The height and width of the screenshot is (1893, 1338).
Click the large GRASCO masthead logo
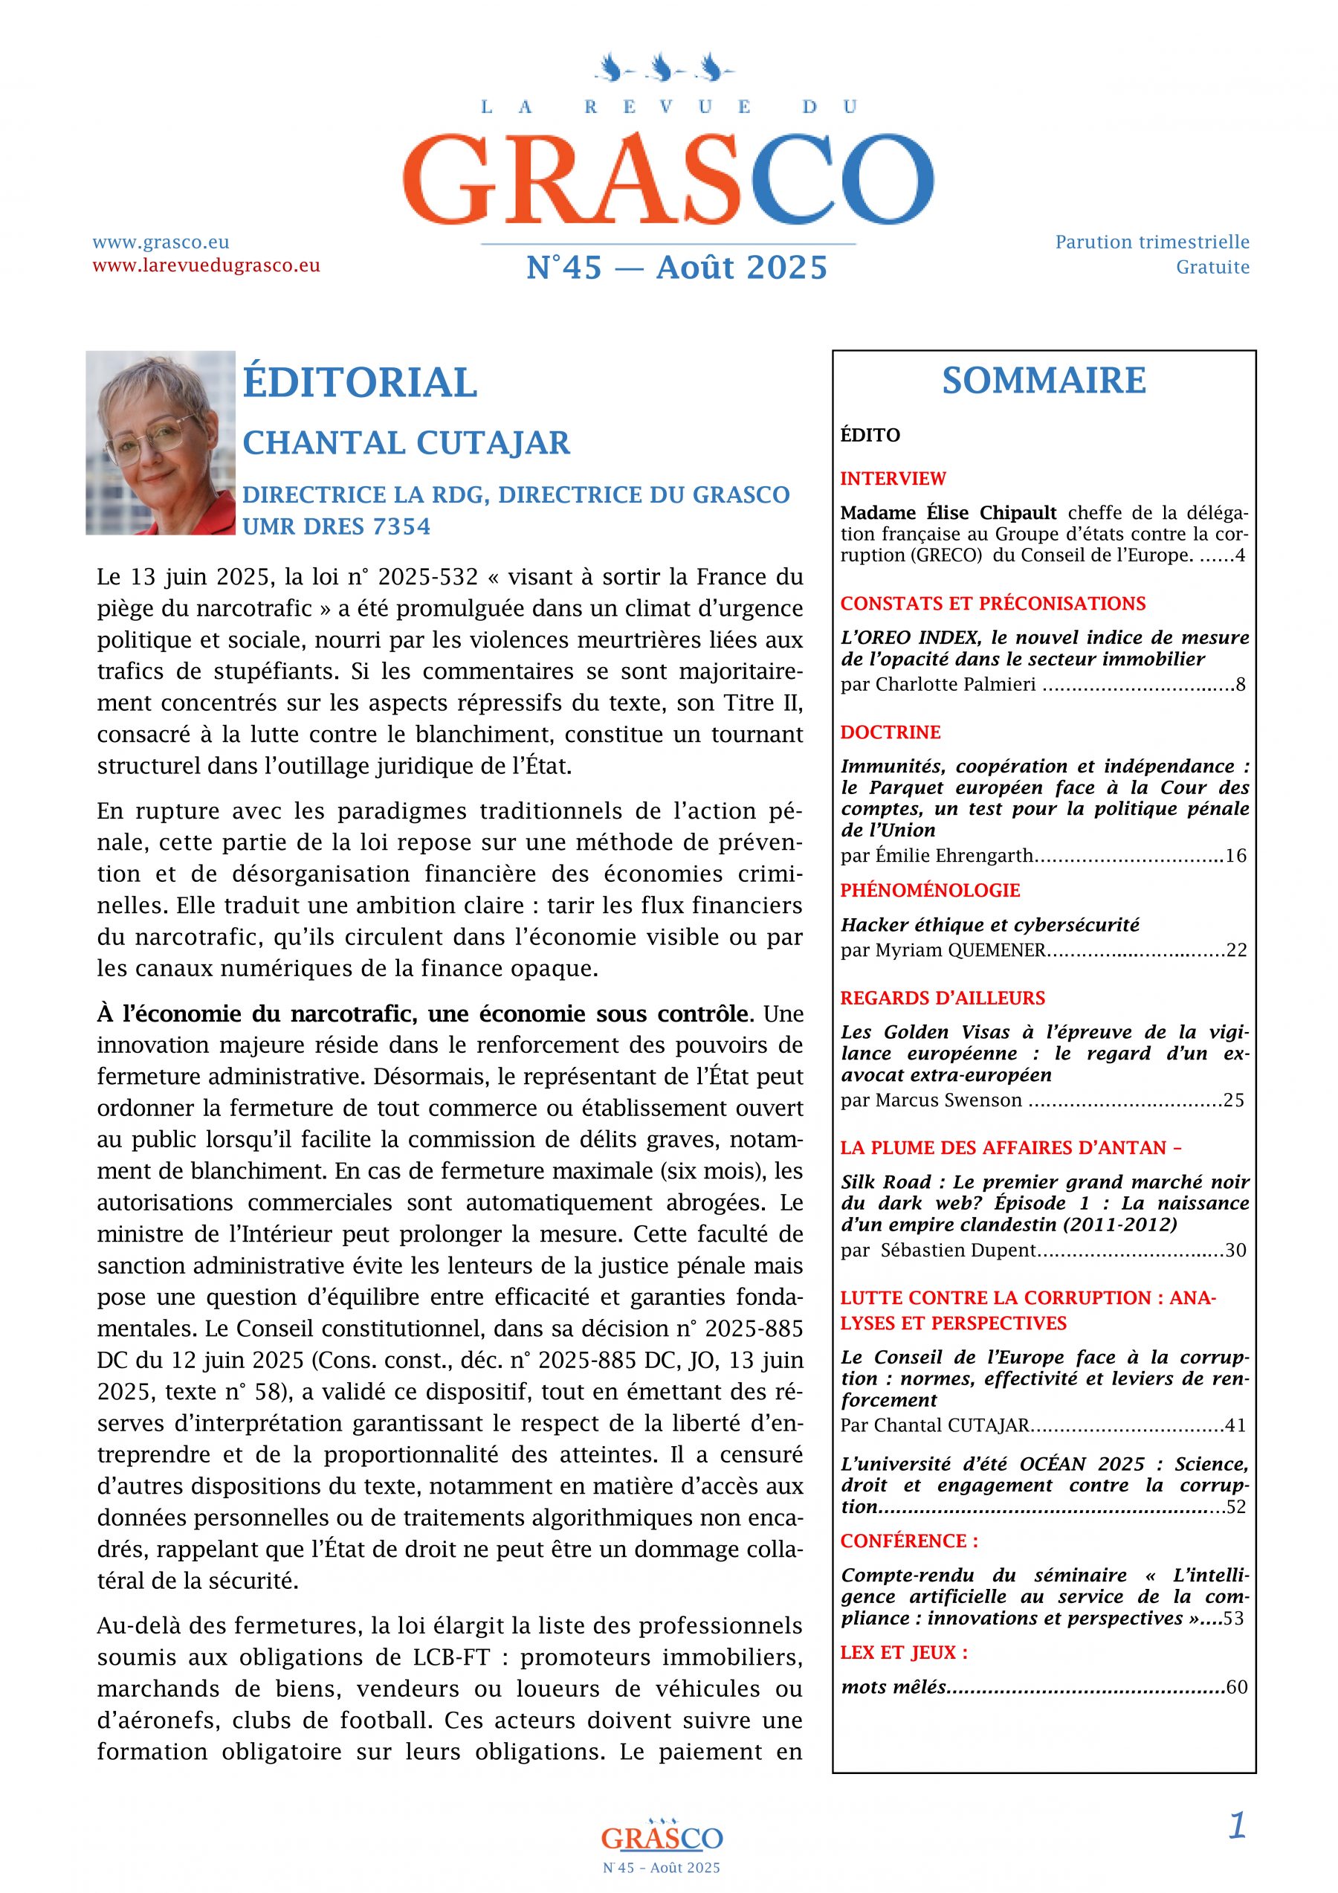point(668,176)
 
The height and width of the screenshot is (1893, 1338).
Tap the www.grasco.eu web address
point(161,242)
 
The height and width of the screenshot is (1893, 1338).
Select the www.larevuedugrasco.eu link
point(206,265)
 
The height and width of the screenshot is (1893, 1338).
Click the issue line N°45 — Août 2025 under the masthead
point(676,268)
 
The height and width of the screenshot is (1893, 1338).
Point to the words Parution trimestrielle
point(1151,242)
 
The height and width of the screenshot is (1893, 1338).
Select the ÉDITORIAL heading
point(360,383)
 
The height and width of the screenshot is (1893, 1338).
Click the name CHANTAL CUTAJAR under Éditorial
point(406,442)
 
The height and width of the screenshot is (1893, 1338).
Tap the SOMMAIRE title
point(1044,380)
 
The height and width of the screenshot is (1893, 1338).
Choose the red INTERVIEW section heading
point(893,478)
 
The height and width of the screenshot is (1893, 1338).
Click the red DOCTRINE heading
point(891,732)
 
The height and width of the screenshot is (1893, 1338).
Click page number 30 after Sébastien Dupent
point(1235,1251)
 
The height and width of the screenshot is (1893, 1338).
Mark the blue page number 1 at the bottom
point(1237,1826)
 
